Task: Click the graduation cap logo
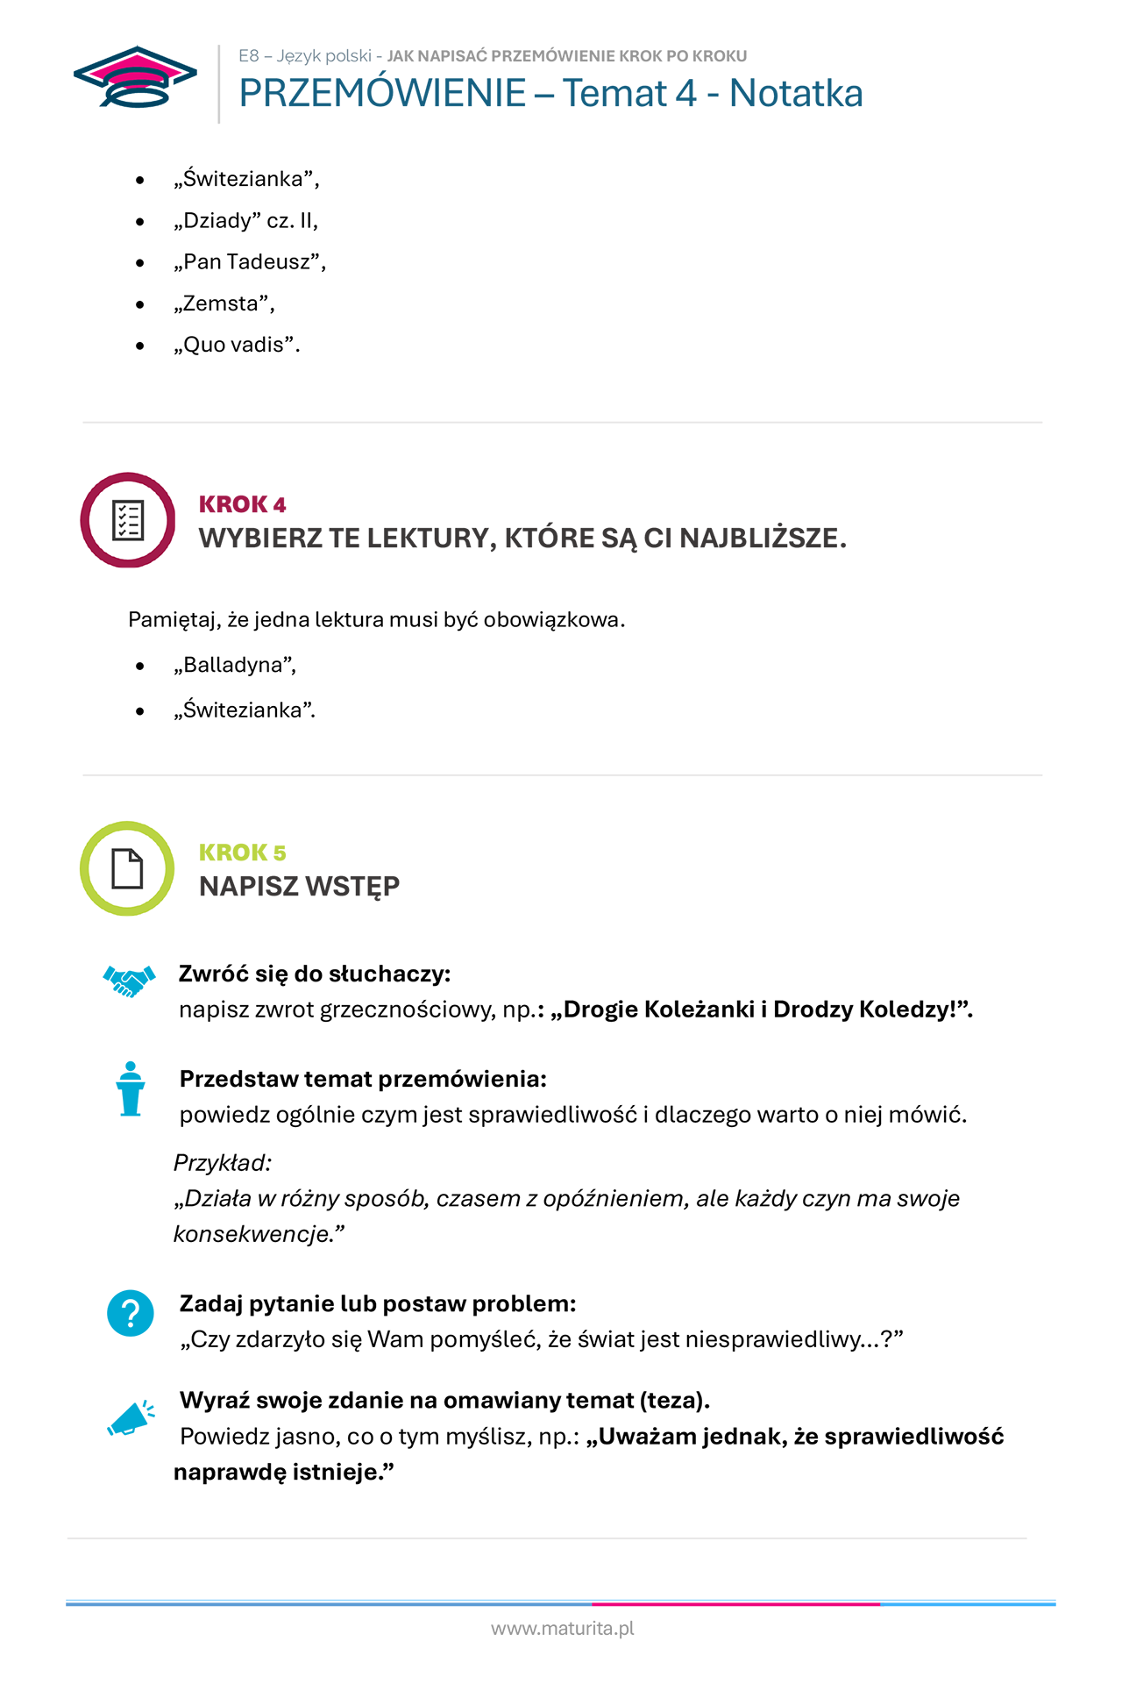135,77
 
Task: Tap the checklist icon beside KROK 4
128,520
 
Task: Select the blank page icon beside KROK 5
128,868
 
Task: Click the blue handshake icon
129,981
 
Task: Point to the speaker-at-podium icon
131,1088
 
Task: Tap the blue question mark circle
131,1313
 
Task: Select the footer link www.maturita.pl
562,1629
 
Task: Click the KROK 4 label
242,504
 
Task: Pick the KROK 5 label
242,853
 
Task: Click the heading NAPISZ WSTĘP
299,886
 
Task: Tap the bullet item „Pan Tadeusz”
250,261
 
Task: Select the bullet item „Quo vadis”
237,345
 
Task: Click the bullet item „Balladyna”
235,665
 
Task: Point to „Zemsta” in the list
224,303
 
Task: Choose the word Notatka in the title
796,93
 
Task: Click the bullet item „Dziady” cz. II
246,220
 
